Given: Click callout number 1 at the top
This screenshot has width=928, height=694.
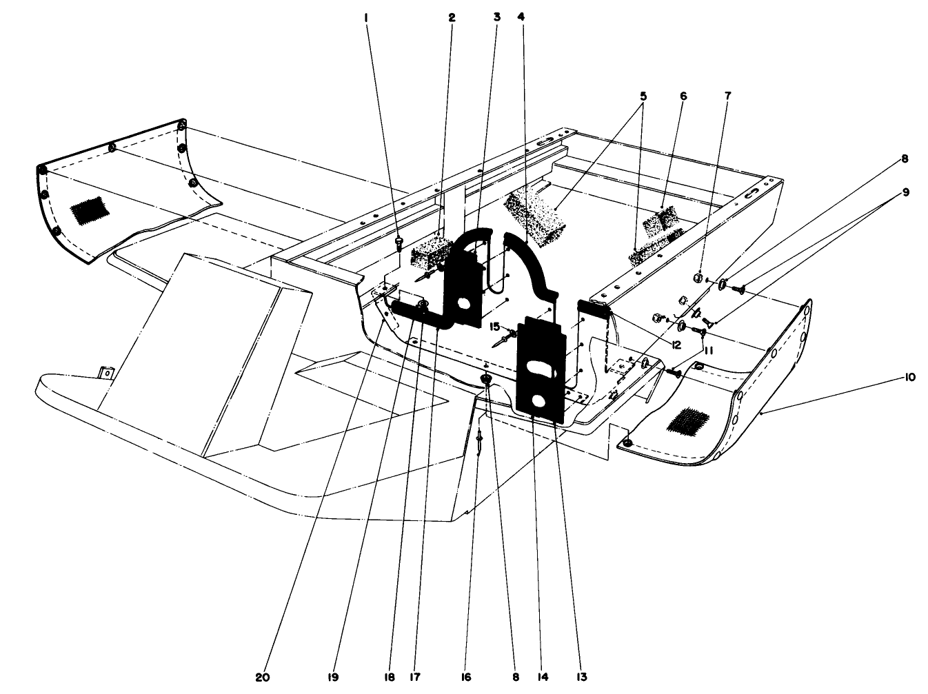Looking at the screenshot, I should point(366,18).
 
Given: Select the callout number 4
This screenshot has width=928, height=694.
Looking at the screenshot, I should point(521,18).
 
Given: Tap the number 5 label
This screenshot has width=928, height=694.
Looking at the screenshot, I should point(643,96).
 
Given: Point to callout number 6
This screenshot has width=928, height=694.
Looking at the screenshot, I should point(683,96).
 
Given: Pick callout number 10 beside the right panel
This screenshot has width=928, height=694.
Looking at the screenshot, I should point(910,378).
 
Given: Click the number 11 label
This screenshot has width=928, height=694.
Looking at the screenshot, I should point(708,350).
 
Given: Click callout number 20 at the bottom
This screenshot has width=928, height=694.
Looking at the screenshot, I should point(262,677).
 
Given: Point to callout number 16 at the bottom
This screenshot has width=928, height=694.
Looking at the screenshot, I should point(466,677).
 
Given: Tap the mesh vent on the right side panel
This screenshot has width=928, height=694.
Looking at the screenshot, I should point(683,420).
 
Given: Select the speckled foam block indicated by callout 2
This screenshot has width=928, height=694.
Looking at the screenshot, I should point(430,255).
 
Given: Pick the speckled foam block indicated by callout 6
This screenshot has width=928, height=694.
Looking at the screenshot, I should point(660,219).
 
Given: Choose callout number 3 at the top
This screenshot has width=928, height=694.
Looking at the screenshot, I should point(496,18).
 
